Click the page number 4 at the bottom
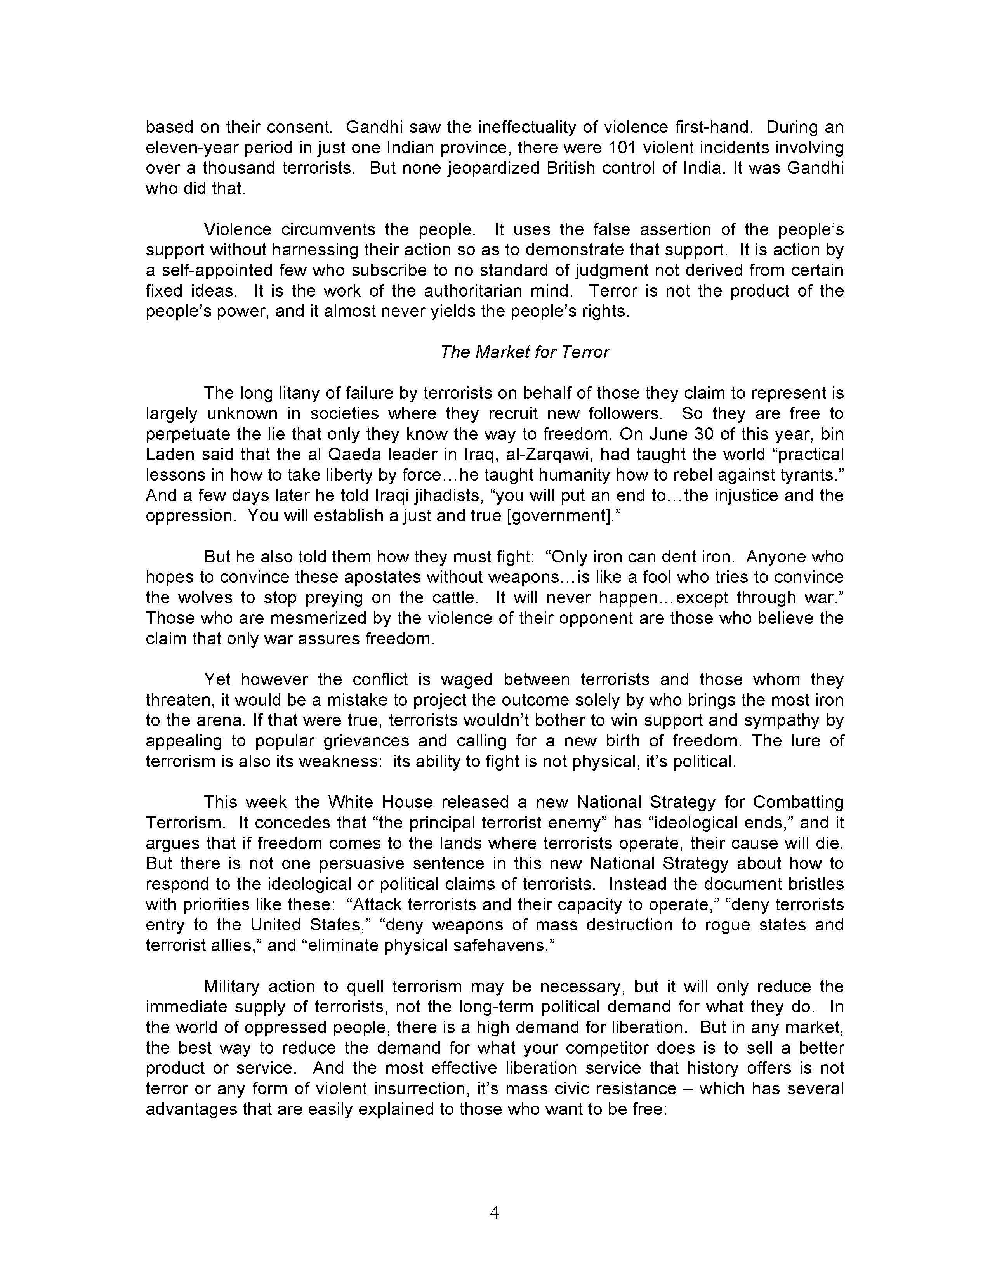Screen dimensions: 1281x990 [x=494, y=1212]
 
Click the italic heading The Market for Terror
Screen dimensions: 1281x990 [x=525, y=352]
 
